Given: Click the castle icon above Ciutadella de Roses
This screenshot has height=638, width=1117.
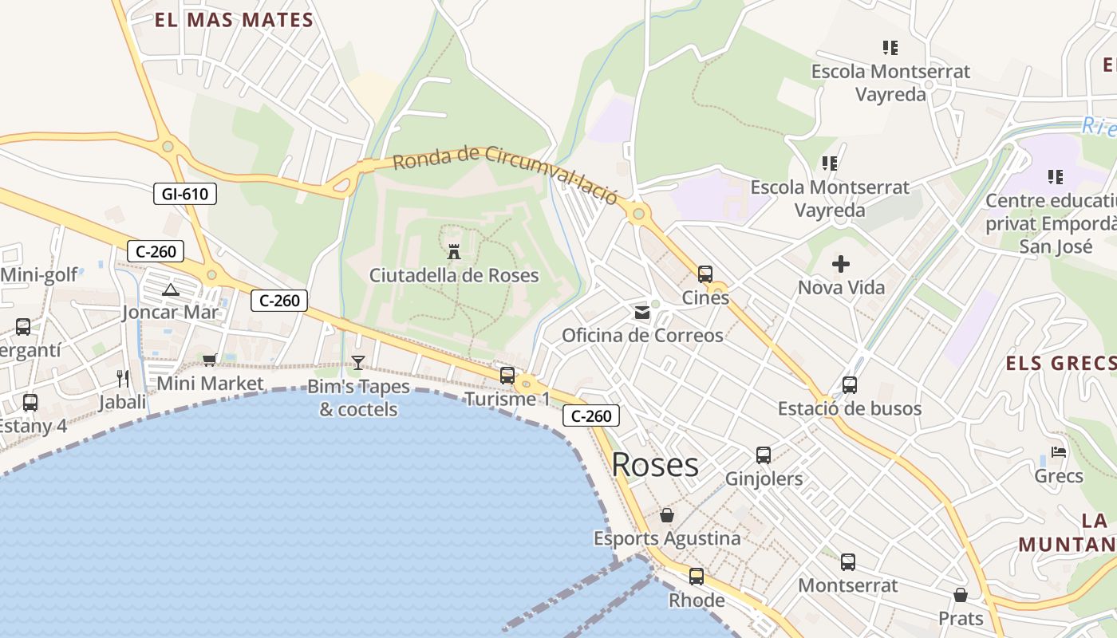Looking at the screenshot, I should pos(454,251).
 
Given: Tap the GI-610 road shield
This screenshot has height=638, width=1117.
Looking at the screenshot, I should pos(184,194).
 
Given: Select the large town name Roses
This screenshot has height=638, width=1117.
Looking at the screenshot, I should pos(655,465).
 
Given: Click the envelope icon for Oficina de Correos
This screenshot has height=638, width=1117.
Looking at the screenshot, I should pos(642,313).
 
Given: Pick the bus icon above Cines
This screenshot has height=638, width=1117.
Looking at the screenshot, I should pos(705,274).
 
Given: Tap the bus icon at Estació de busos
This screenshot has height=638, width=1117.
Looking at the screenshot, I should pos(850,385).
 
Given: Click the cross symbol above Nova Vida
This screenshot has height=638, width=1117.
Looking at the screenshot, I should pos(841,264).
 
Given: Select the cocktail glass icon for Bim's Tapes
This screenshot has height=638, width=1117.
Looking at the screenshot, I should pos(358,363).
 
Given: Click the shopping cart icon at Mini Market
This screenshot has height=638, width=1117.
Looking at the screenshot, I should pos(210,360).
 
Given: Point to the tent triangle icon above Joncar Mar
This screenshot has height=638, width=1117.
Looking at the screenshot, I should pos(170,289).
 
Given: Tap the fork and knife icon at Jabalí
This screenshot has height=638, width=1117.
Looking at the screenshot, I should pos(122,378).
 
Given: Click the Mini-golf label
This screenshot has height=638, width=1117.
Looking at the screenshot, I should pos(39,275).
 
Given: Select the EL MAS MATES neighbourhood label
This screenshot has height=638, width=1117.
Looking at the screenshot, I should pos(234,20).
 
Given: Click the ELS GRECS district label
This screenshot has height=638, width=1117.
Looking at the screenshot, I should pos(1060,364).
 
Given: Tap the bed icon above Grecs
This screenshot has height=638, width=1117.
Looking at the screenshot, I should pos(1059,452).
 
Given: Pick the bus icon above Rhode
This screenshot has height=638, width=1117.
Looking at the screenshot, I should pos(697,576).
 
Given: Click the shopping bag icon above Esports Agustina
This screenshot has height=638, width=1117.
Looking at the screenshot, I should pos(667,515).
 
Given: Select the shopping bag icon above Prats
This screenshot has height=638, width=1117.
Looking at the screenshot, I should pos(961,595).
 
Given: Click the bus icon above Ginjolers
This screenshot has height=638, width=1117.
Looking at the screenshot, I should pos(764,455).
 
